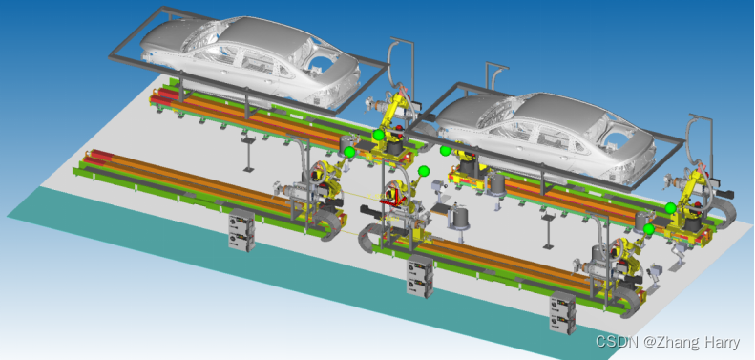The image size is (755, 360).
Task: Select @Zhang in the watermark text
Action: pyautogui.click(x=667, y=342)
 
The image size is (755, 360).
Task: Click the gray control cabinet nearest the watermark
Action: pyautogui.click(x=563, y=312)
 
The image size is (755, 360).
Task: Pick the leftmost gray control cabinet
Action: pyautogui.click(x=241, y=230)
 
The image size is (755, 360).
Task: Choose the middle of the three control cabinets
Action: pyautogui.click(x=420, y=276)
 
